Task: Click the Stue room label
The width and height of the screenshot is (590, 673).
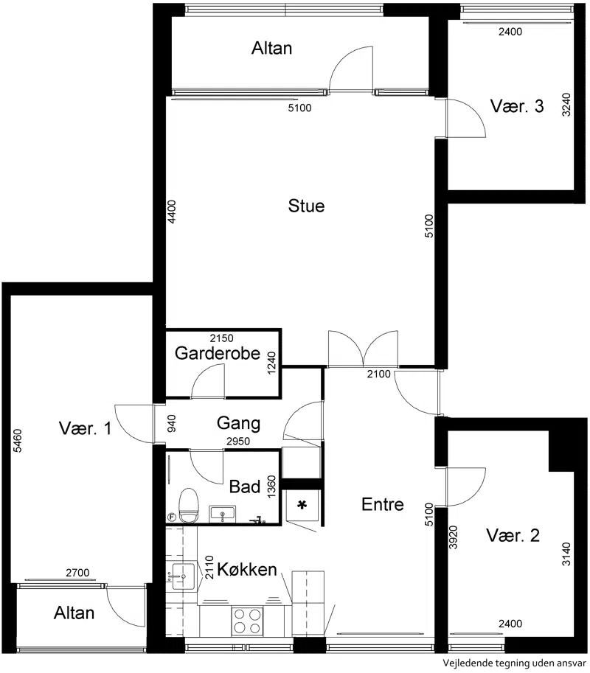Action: [x=306, y=206]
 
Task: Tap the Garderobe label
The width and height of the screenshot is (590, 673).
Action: [x=218, y=353]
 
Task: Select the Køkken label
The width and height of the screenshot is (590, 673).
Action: [x=247, y=570]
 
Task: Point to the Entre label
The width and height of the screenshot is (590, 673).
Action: [x=383, y=504]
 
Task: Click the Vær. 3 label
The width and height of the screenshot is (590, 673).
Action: [x=517, y=106]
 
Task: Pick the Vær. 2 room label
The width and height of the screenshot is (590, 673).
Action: [x=513, y=536]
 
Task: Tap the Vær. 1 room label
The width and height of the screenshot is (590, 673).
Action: [x=85, y=428]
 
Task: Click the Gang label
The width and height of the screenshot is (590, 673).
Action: [x=238, y=424]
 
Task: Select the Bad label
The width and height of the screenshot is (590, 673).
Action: [x=245, y=487]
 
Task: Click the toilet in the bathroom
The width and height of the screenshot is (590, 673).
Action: [x=189, y=505]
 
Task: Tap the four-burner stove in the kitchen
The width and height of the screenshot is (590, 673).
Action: [x=247, y=621]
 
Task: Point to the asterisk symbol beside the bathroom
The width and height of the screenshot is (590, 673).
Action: [x=302, y=505]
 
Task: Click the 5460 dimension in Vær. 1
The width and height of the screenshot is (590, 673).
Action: [x=18, y=440]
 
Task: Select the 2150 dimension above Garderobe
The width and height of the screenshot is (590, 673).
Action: [x=221, y=338]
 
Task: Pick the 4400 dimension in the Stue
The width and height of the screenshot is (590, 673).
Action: [x=171, y=212]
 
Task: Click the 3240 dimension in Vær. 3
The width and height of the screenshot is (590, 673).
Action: [x=566, y=105]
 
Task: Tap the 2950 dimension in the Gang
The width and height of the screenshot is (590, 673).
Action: [x=238, y=442]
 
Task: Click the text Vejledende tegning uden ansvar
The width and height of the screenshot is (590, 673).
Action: [x=515, y=663]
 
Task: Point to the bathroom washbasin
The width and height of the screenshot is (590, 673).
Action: [x=223, y=515]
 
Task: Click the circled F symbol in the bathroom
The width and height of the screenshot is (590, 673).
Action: [x=171, y=517]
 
